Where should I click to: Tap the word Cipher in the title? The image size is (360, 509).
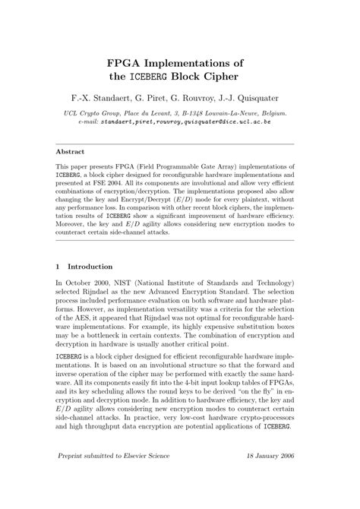click(x=236, y=77)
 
